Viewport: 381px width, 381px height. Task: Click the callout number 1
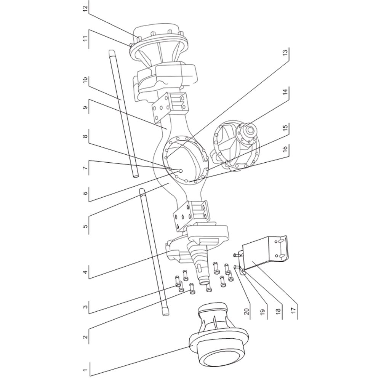tap(85, 370)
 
